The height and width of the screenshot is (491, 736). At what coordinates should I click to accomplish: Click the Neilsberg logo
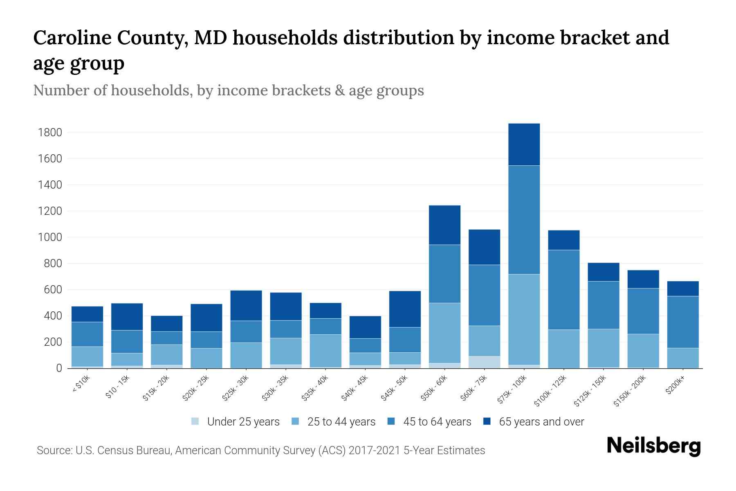point(653,446)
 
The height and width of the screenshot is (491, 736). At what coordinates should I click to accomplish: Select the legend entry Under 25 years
point(235,422)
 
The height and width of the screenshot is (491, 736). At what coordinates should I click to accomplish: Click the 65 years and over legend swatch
point(487,421)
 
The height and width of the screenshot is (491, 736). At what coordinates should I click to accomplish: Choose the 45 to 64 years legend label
point(437,422)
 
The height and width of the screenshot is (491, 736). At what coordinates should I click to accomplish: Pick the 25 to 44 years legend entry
point(341,422)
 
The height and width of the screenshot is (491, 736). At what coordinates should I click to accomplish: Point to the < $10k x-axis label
point(81,384)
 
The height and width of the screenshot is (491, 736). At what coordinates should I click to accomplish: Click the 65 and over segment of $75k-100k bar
point(524,144)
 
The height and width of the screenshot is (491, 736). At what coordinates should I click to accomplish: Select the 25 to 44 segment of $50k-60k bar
point(444,333)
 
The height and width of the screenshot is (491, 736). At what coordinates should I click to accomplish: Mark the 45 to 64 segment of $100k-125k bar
point(563,289)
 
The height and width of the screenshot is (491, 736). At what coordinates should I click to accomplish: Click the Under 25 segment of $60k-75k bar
point(484,362)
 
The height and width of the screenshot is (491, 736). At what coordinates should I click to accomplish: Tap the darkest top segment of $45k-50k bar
point(405,309)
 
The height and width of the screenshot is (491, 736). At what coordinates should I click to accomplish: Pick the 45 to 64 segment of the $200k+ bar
point(683,322)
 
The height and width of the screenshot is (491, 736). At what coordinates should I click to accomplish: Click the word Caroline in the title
point(73,38)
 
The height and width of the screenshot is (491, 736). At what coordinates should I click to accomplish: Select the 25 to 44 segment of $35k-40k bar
point(325,351)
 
